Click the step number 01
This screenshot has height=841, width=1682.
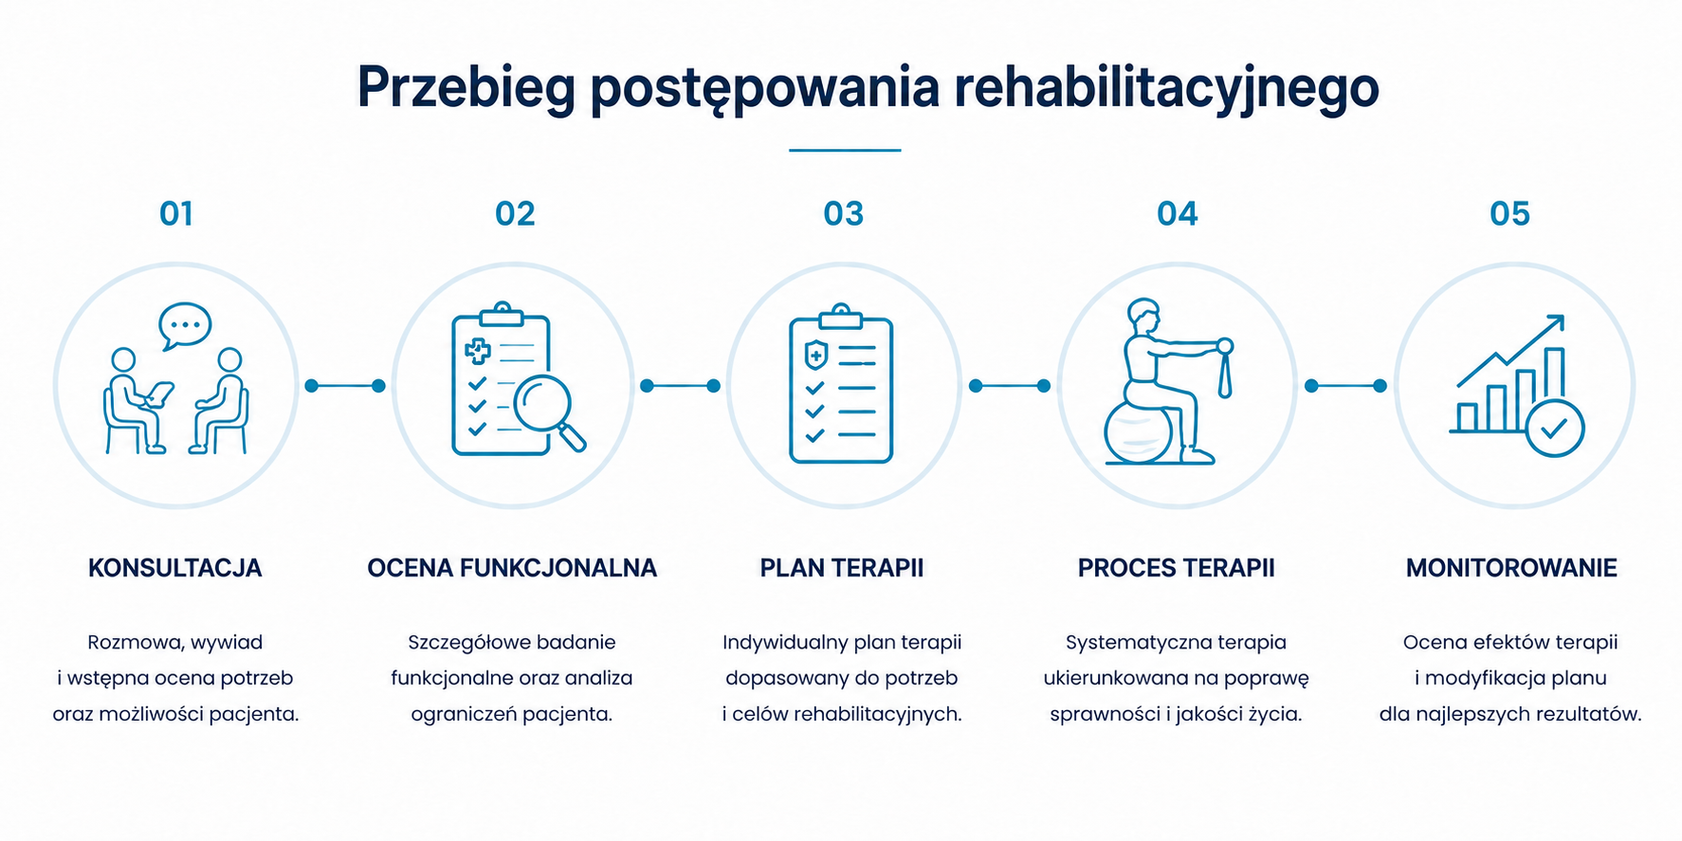point(176,213)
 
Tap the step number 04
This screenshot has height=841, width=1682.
point(1178,213)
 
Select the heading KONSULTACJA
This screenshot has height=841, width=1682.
point(175,568)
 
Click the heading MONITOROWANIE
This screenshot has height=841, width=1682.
point(1511,568)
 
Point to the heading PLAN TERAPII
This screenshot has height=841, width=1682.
point(842,568)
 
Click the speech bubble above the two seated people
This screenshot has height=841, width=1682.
point(185,326)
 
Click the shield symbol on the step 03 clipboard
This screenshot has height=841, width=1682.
point(815,356)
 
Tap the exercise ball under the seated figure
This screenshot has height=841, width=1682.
point(1139,432)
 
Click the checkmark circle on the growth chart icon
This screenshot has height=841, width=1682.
point(1554,429)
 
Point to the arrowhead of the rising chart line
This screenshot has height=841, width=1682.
point(1556,323)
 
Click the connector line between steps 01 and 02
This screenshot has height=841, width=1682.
point(345,386)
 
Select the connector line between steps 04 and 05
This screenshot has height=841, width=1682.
point(1345,386)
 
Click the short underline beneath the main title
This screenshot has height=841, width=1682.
point(845,150)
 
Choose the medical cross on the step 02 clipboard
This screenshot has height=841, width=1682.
point(478,352)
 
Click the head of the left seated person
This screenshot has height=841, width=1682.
point(123,360)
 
